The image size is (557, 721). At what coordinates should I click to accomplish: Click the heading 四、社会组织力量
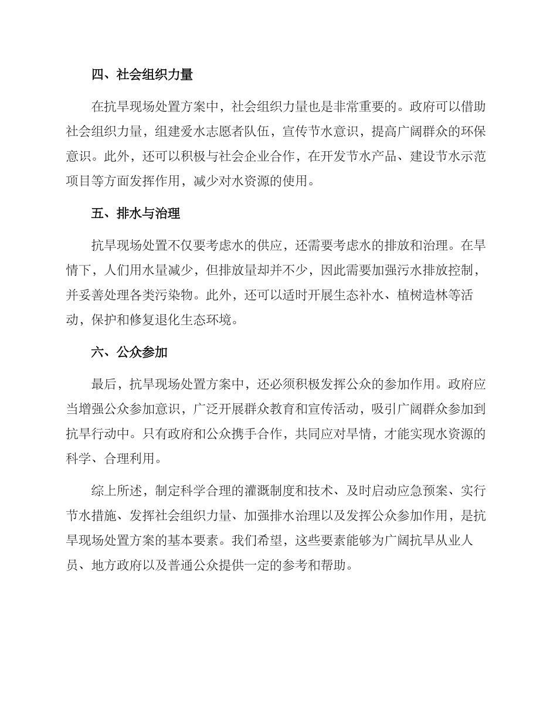[142, 74]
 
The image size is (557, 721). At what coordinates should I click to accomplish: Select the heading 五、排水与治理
[136, 213]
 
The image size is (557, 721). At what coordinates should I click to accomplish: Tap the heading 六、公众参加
[130, 352]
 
